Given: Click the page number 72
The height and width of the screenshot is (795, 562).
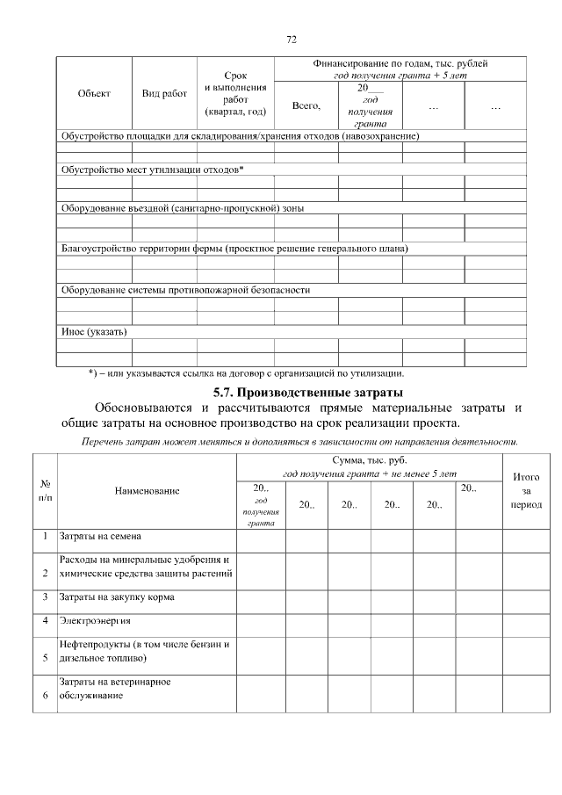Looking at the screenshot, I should coord(292,40).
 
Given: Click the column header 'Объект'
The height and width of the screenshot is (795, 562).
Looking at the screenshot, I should coord(94,94).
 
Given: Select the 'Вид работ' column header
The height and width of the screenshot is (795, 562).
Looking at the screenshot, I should coord(164,94).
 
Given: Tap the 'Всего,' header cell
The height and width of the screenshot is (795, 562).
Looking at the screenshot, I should coord(306,105).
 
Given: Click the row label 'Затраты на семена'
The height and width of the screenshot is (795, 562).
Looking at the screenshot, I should coord(99,535).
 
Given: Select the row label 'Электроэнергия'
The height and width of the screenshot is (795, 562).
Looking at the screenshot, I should coord(97,621).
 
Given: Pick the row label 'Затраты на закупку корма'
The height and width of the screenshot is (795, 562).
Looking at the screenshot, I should coord(116,597).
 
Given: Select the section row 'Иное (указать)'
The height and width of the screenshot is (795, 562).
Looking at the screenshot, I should coord(93,332).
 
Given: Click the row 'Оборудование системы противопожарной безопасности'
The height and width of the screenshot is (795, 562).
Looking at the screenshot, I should coord(184,290).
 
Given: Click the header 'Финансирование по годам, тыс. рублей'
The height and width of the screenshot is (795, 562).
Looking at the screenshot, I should coord(400,64).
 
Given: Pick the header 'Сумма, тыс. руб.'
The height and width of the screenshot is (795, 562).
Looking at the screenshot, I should coord(369,460).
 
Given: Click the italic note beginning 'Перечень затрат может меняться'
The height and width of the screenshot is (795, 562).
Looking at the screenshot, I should coord(299,441).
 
